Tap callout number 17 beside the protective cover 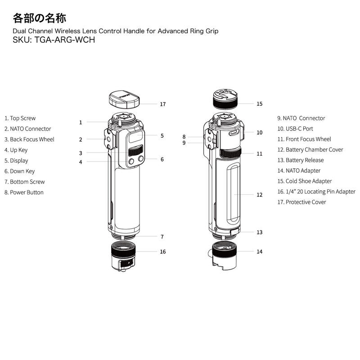tap(162, 104)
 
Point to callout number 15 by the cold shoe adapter tap(259, 103)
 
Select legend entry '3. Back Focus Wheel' tap(29, 139)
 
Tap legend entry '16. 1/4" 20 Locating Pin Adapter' tap(316, 192)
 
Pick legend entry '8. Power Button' tap(24, 193)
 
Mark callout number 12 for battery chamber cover tap(259, 195)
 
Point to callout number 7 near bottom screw tap(162, 236)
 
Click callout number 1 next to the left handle tap(81, 122)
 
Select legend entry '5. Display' tap(16, 161)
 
